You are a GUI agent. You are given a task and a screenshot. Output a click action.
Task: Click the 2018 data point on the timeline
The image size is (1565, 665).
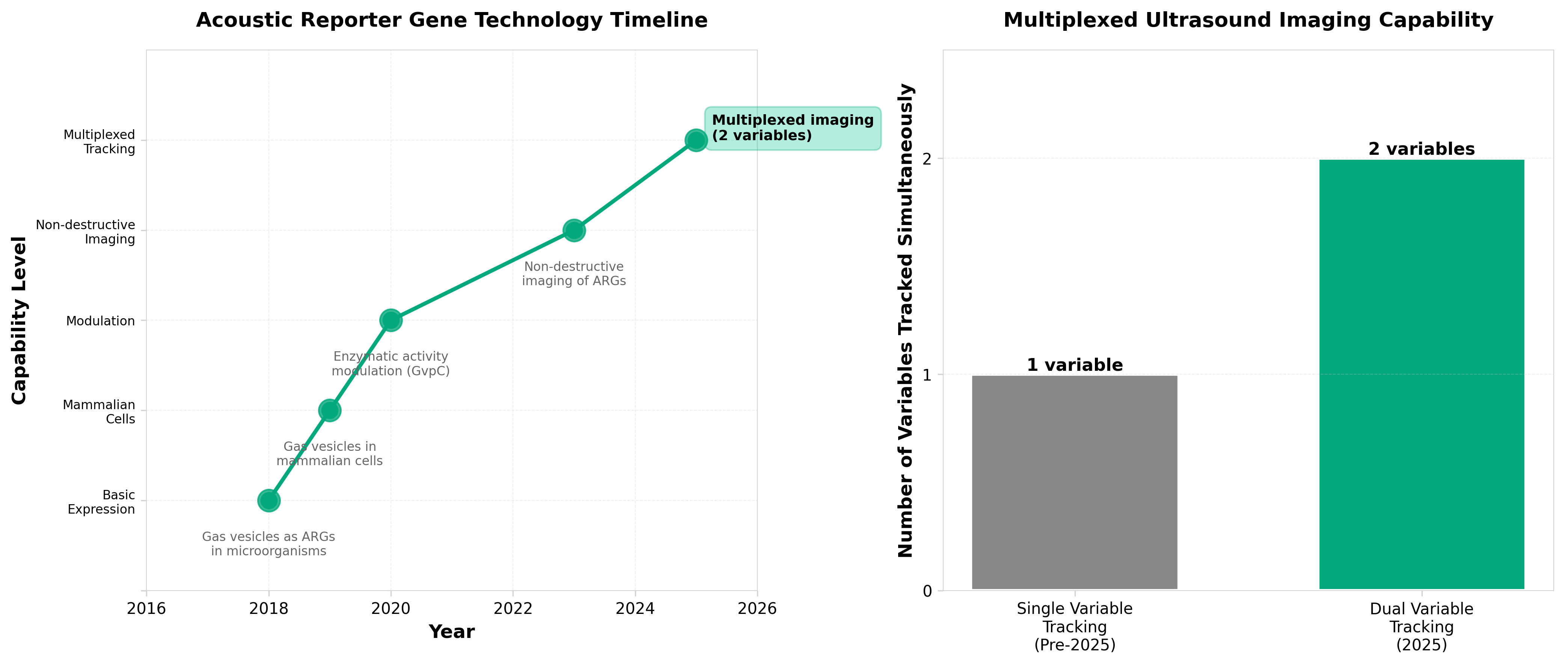click(268, 500)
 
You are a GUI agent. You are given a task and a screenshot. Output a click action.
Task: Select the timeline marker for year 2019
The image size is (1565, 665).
click(329, 410)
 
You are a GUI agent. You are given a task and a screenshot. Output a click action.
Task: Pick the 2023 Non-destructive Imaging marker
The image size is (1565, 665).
click(573, 230)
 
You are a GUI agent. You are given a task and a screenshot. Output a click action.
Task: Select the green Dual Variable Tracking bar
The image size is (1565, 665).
click(1421, 374)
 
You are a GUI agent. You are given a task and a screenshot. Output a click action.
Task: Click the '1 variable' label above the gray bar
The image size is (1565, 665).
click(1074, 365)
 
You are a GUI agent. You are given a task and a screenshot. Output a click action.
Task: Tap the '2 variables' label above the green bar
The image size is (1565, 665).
click(1421, 149)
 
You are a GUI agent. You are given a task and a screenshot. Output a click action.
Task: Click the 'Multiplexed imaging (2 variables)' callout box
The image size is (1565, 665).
click(792, 128)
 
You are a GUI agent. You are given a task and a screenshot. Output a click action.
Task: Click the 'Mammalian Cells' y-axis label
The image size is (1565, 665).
click(99, 411)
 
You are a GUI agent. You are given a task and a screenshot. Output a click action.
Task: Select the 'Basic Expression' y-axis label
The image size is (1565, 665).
click(101, 502)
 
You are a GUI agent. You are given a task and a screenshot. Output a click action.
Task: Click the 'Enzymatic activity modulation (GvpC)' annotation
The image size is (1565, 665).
click(390, 364)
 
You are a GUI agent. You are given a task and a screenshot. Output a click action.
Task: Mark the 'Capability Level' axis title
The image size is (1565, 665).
click(20, 320)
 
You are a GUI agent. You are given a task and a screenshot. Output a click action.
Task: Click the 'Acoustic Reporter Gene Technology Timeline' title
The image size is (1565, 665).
click(451, 20)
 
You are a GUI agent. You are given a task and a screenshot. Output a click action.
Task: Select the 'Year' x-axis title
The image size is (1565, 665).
click(451, 632)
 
